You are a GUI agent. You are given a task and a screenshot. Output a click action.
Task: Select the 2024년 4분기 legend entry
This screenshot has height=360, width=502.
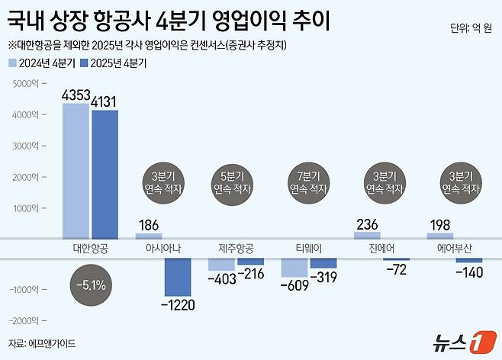click(x=40, y=64)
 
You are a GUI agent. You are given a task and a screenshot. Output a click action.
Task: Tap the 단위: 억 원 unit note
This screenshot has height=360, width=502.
click(x=471, y=30)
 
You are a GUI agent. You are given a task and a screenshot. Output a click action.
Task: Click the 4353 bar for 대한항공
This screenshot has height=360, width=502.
click(x=76, y=171)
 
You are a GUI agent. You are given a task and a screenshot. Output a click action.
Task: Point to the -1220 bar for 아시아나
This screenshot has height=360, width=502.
click(x=179, y=277)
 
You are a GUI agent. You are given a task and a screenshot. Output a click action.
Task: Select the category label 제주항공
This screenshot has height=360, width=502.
click(x=237, y=249)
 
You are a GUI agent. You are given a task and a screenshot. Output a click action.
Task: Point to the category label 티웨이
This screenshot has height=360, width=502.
click(x=310, y=249)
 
